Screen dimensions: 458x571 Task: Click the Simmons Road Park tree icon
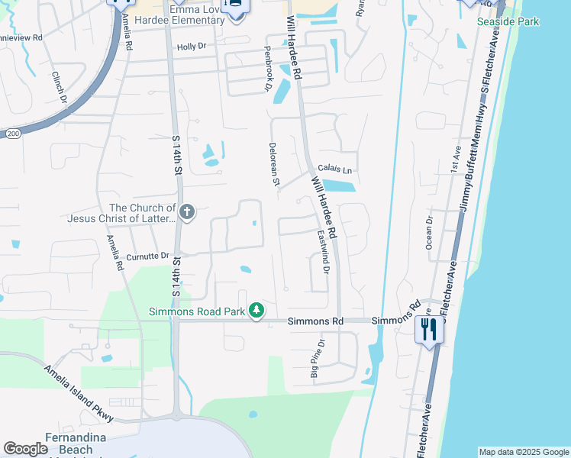[x=258, y=310]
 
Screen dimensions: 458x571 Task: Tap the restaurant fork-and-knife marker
[x=428, y=330]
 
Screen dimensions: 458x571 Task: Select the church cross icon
[x=187, y=211]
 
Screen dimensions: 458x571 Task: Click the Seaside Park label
[x=508, y=21]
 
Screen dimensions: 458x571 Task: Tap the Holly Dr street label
[x=192, y=47]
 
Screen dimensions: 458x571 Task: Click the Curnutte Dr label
[x=147, y=257]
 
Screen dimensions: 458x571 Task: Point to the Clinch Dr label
[x=58, y=86]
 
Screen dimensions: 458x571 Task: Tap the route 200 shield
[x=13, y=133]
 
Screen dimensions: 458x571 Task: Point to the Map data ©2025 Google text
[x=524, y=452]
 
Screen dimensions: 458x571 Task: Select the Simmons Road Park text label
[x=197, y=311]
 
